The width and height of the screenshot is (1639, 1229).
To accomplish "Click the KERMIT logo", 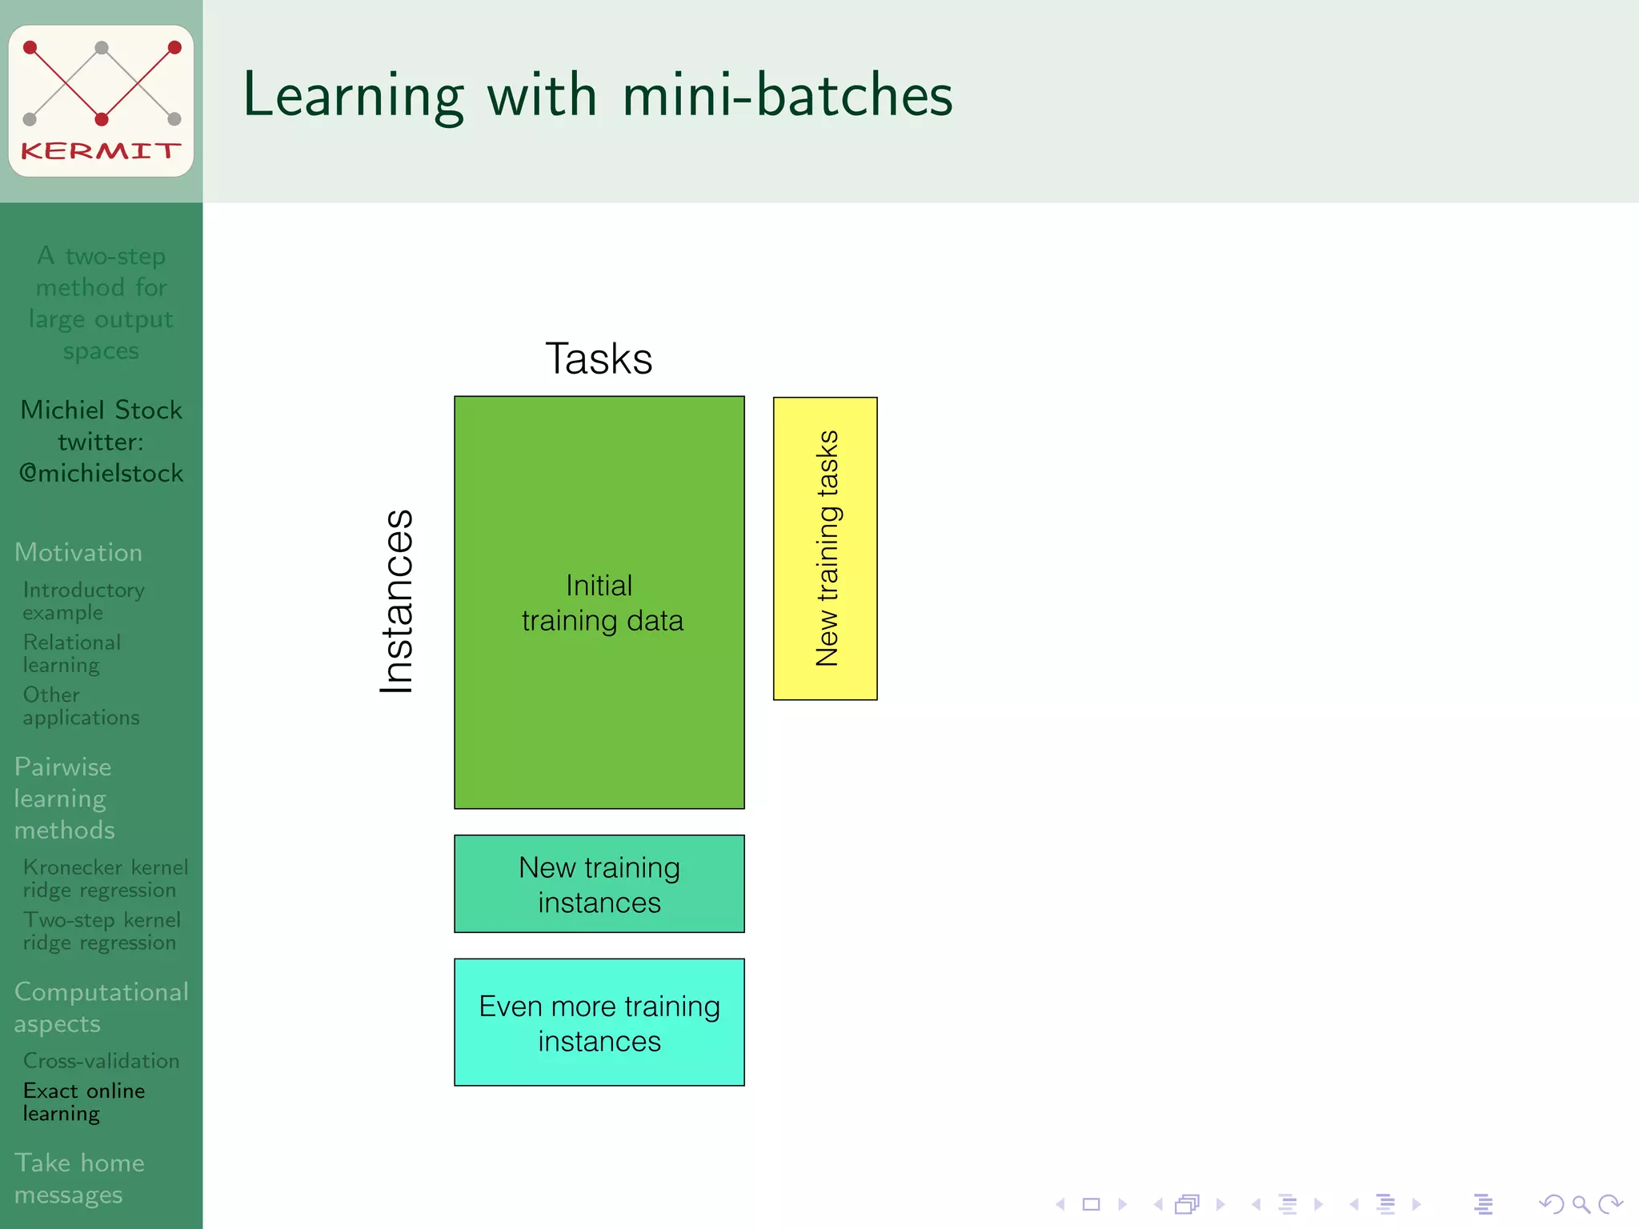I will point(101,101).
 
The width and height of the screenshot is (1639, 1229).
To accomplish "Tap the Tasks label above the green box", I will point(599,358).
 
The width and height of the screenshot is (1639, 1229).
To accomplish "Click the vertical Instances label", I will point(397,602).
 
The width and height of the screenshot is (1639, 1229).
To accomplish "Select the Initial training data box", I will point(599,602).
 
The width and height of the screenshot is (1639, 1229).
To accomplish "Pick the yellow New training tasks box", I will point(825,548).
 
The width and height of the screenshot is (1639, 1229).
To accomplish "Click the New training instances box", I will point(599,884).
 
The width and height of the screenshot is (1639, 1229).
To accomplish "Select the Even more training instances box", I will point(599,1023).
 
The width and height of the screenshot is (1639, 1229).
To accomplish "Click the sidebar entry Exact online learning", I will point(84,1102).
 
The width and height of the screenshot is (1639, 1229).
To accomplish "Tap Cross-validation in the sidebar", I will point(101,1060).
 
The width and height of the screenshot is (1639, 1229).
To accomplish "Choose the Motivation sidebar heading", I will point(78,552).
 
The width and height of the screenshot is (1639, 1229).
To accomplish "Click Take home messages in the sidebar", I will point(79,1178).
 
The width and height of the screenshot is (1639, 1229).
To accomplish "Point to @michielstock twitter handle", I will point(101,474).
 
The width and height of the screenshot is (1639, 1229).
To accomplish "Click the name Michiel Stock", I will point(101,410).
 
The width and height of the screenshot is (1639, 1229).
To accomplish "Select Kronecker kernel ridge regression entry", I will point(105,879).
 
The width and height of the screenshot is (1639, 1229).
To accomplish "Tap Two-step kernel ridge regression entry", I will point(102,931).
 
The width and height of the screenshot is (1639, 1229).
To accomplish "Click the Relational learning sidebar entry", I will point(72,653).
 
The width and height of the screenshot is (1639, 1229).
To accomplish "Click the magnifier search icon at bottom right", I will point(1581,1204).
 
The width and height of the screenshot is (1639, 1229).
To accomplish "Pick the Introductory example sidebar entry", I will point(83,601).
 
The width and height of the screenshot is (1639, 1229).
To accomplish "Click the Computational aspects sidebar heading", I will point(101,1007).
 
